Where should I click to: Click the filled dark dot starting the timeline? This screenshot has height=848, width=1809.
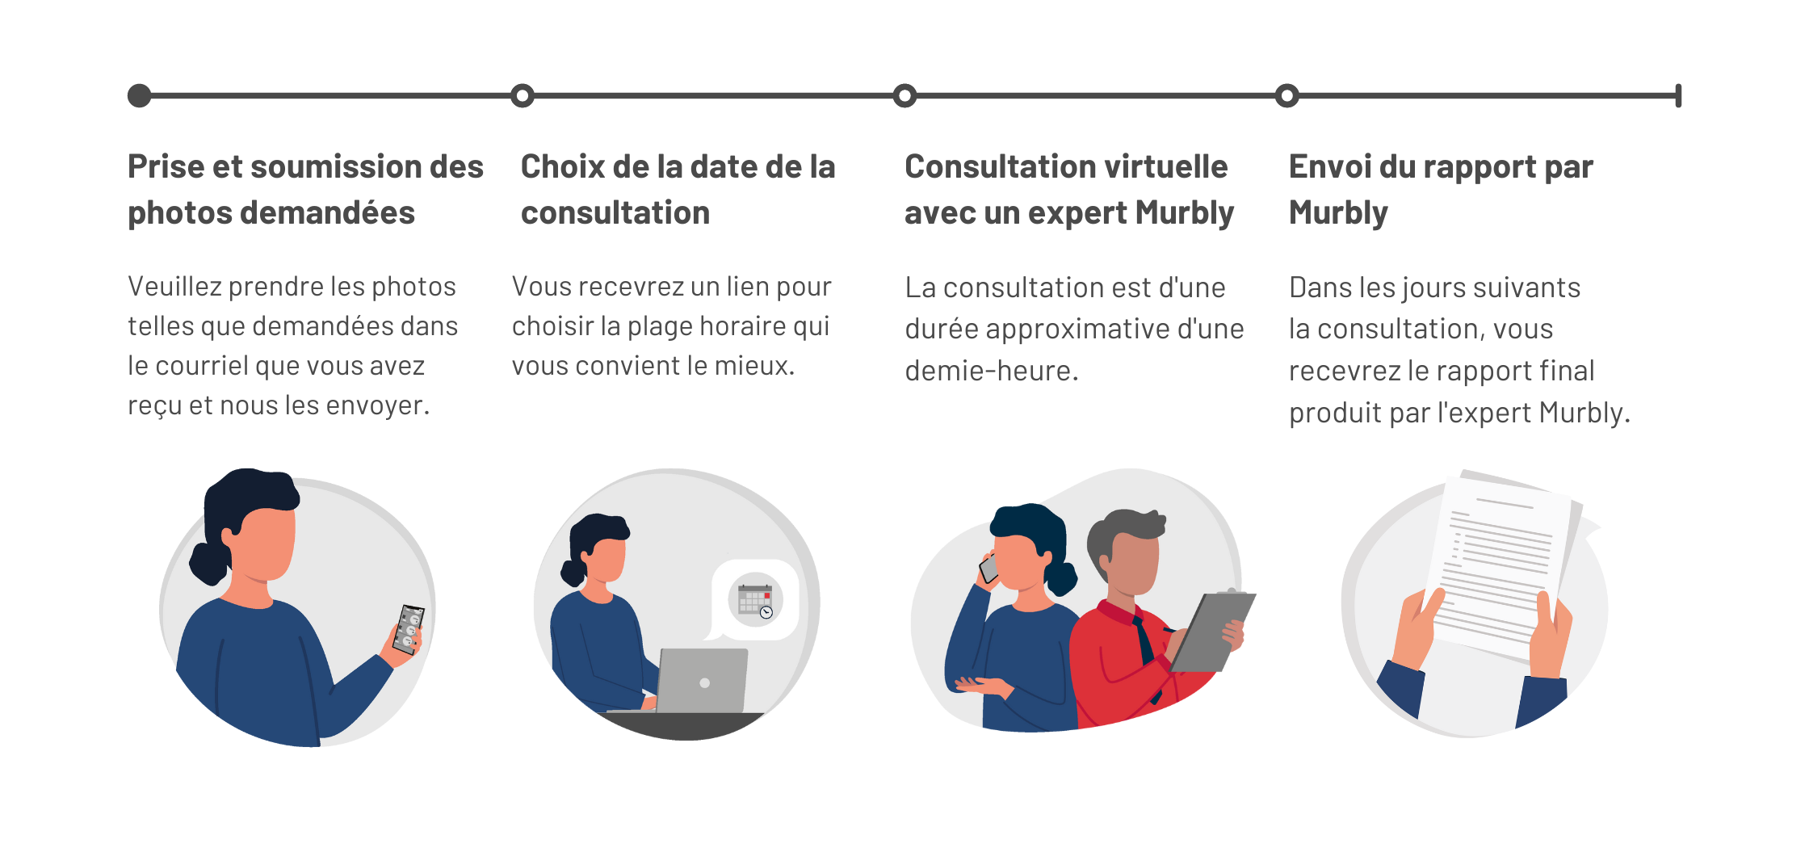click(x=140, y=95)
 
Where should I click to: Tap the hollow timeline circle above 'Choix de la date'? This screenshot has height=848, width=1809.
click(x=523, y=95)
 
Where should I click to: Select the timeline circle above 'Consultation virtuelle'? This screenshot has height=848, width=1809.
click(x=904, y=95)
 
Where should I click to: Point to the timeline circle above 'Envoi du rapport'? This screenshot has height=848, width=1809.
click(x=1287, y=95)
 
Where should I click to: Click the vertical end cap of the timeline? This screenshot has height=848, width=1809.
click(x=1678, y=95)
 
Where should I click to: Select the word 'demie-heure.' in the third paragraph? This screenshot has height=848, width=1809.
click(x=992, y=371)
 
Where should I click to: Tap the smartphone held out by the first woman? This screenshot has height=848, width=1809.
click(x=409, y=628)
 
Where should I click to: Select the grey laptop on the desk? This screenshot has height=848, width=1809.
click(x=701, y=681)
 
